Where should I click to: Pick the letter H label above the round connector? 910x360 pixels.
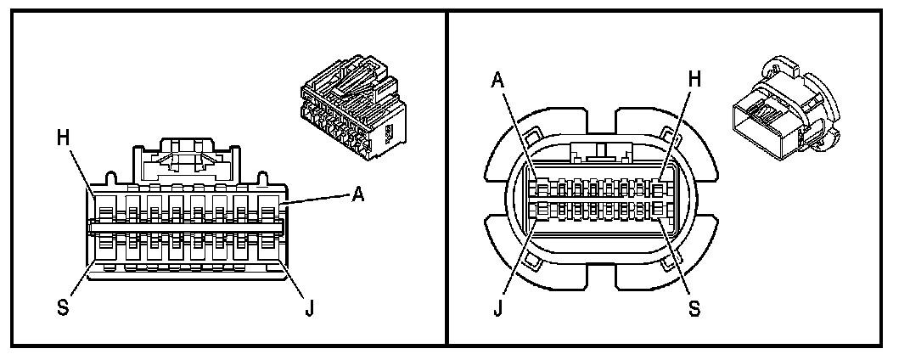694,79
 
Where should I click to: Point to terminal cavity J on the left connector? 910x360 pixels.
268,245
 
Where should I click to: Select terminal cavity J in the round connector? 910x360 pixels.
535,210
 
